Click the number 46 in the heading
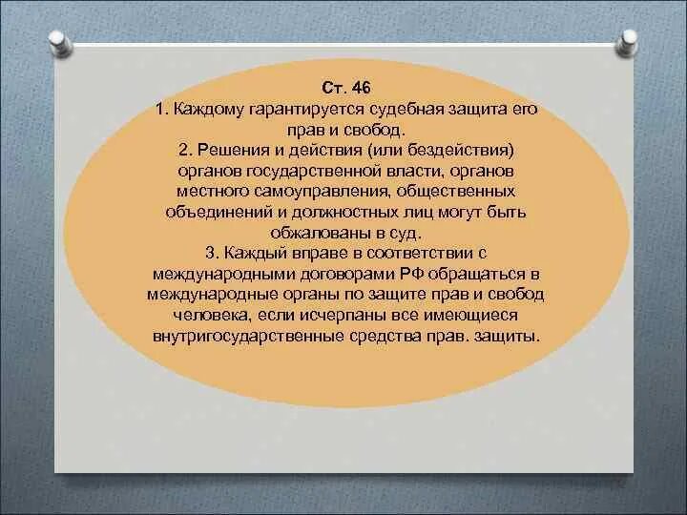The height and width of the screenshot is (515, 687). click(361, 88)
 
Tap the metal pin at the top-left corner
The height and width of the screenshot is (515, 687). click(60, 43)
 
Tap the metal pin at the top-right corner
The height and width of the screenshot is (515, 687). click(627, 43)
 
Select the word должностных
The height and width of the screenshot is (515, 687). click(344, 213)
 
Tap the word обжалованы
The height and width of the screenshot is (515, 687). click(319, 233)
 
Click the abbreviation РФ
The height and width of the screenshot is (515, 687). click(411, 274)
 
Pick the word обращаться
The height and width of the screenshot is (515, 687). click(476, 274)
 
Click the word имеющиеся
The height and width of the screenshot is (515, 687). click(468, 316)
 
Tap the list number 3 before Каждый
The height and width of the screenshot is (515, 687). click(209, 254)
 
